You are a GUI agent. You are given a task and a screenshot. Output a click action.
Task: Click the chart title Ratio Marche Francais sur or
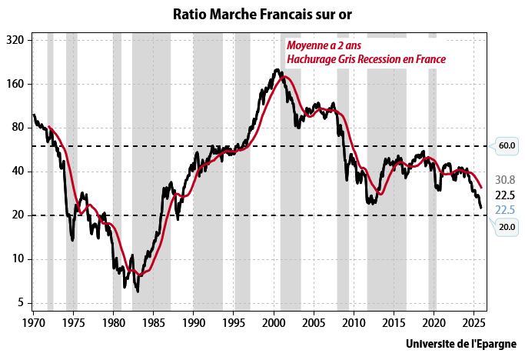point(262,13)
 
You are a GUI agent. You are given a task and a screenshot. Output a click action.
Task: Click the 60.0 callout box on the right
point(506,145)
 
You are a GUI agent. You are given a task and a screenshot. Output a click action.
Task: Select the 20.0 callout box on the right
point(506,227)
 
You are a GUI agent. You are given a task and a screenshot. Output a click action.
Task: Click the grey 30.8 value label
point(504,179)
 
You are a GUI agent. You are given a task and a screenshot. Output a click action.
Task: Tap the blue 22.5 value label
point(504,209)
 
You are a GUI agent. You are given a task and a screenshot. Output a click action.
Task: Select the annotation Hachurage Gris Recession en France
point(366,59)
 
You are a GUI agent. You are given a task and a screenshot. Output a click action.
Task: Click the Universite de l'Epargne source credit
point(460,344)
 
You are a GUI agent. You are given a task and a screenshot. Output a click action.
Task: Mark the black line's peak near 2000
point(276,70)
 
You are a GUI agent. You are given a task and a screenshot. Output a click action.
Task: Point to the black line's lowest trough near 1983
point(138,292)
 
